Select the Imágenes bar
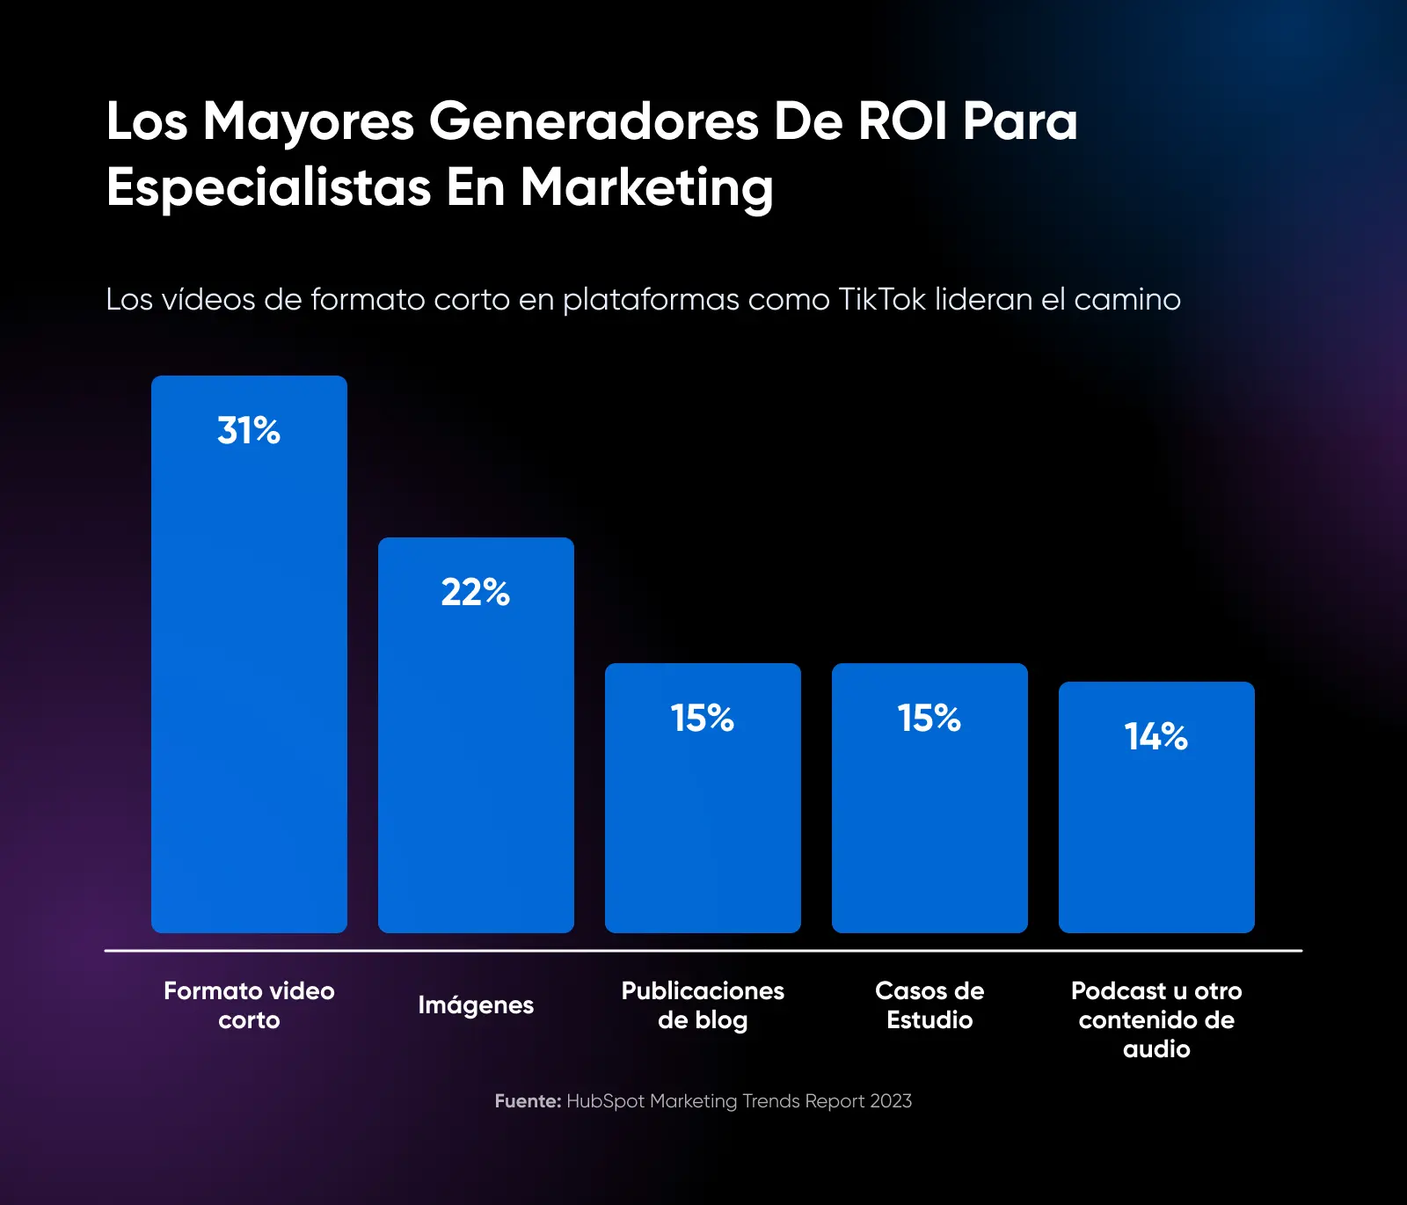click(x=476, y=756)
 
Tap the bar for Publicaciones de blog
click(x=703, y=818)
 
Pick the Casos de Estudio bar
click(x=929, y=818)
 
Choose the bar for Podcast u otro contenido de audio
click(x=1156, y=827)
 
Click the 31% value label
click(x=249, y=431)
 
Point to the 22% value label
click(x=476, y=593)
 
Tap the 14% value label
click(x=1156, y=737)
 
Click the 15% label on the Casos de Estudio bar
click(x=929, y=719)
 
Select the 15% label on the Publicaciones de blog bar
click(x=703, y=719)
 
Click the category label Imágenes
click(x=476, y=1005)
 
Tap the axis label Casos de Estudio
click(x=929, y=1005)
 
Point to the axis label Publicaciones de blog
click(x=703, y=1005)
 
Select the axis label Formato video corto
click(x=249, y=1005)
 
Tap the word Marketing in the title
click(x=646, y=187)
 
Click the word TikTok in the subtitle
click(x=882, y=300)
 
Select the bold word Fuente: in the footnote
click(x=528, y=1101)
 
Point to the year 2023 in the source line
click(x=891, y=1101)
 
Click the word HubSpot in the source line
click(x=605, y=1101)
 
